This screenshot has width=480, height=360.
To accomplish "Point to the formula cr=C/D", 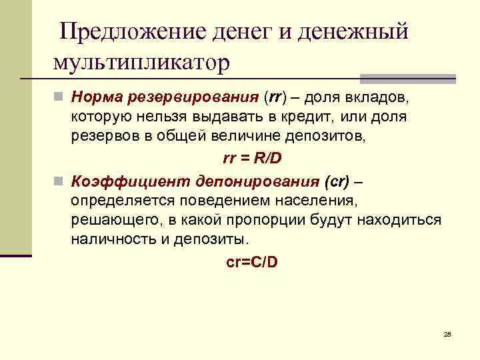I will pos(252,261).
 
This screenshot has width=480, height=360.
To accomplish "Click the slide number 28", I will pos(447,333).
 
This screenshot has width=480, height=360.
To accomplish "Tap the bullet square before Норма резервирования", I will pos(59,97).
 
